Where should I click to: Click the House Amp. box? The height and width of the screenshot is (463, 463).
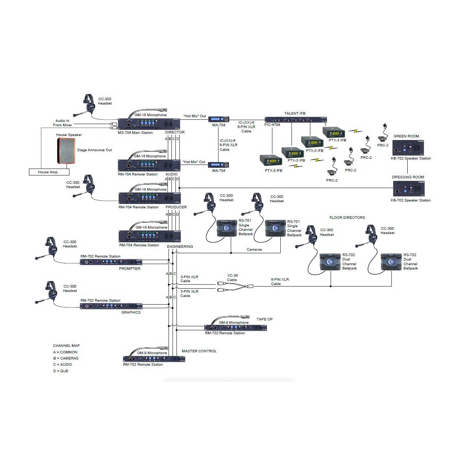(49, 172)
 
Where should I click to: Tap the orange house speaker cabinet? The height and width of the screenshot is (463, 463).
(66, 150)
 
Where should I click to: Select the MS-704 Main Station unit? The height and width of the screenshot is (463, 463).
(149, 124)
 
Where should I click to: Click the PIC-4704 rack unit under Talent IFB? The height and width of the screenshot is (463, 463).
(296, 120)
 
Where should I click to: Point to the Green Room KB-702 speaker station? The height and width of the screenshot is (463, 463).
(408, 148)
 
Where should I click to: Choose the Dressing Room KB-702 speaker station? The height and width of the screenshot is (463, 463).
(409, 188)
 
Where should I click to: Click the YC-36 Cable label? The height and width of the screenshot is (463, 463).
(232, 277)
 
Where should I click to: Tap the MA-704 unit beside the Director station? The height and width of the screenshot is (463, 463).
(218, 119)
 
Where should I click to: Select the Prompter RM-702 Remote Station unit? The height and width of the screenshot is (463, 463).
(111, 262)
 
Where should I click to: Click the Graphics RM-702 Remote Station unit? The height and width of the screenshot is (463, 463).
(111, 306)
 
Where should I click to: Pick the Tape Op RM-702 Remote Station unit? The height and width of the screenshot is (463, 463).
(235, 328)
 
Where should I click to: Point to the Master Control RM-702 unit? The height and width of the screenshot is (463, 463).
(154, 359)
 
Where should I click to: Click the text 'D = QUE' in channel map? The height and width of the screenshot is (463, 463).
(60, 371)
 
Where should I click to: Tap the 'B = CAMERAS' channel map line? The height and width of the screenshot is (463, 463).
(66, 358)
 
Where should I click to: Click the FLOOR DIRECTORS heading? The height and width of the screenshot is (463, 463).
(347, 217)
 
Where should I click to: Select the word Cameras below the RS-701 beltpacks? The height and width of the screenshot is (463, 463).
(254, 249)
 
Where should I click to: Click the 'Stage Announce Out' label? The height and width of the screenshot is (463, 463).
(94, 150)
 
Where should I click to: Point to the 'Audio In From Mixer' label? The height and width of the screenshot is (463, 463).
(62, 123)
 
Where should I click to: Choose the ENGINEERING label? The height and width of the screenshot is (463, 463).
(180, 246)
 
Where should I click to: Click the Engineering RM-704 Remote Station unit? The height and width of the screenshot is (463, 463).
(150, 236)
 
